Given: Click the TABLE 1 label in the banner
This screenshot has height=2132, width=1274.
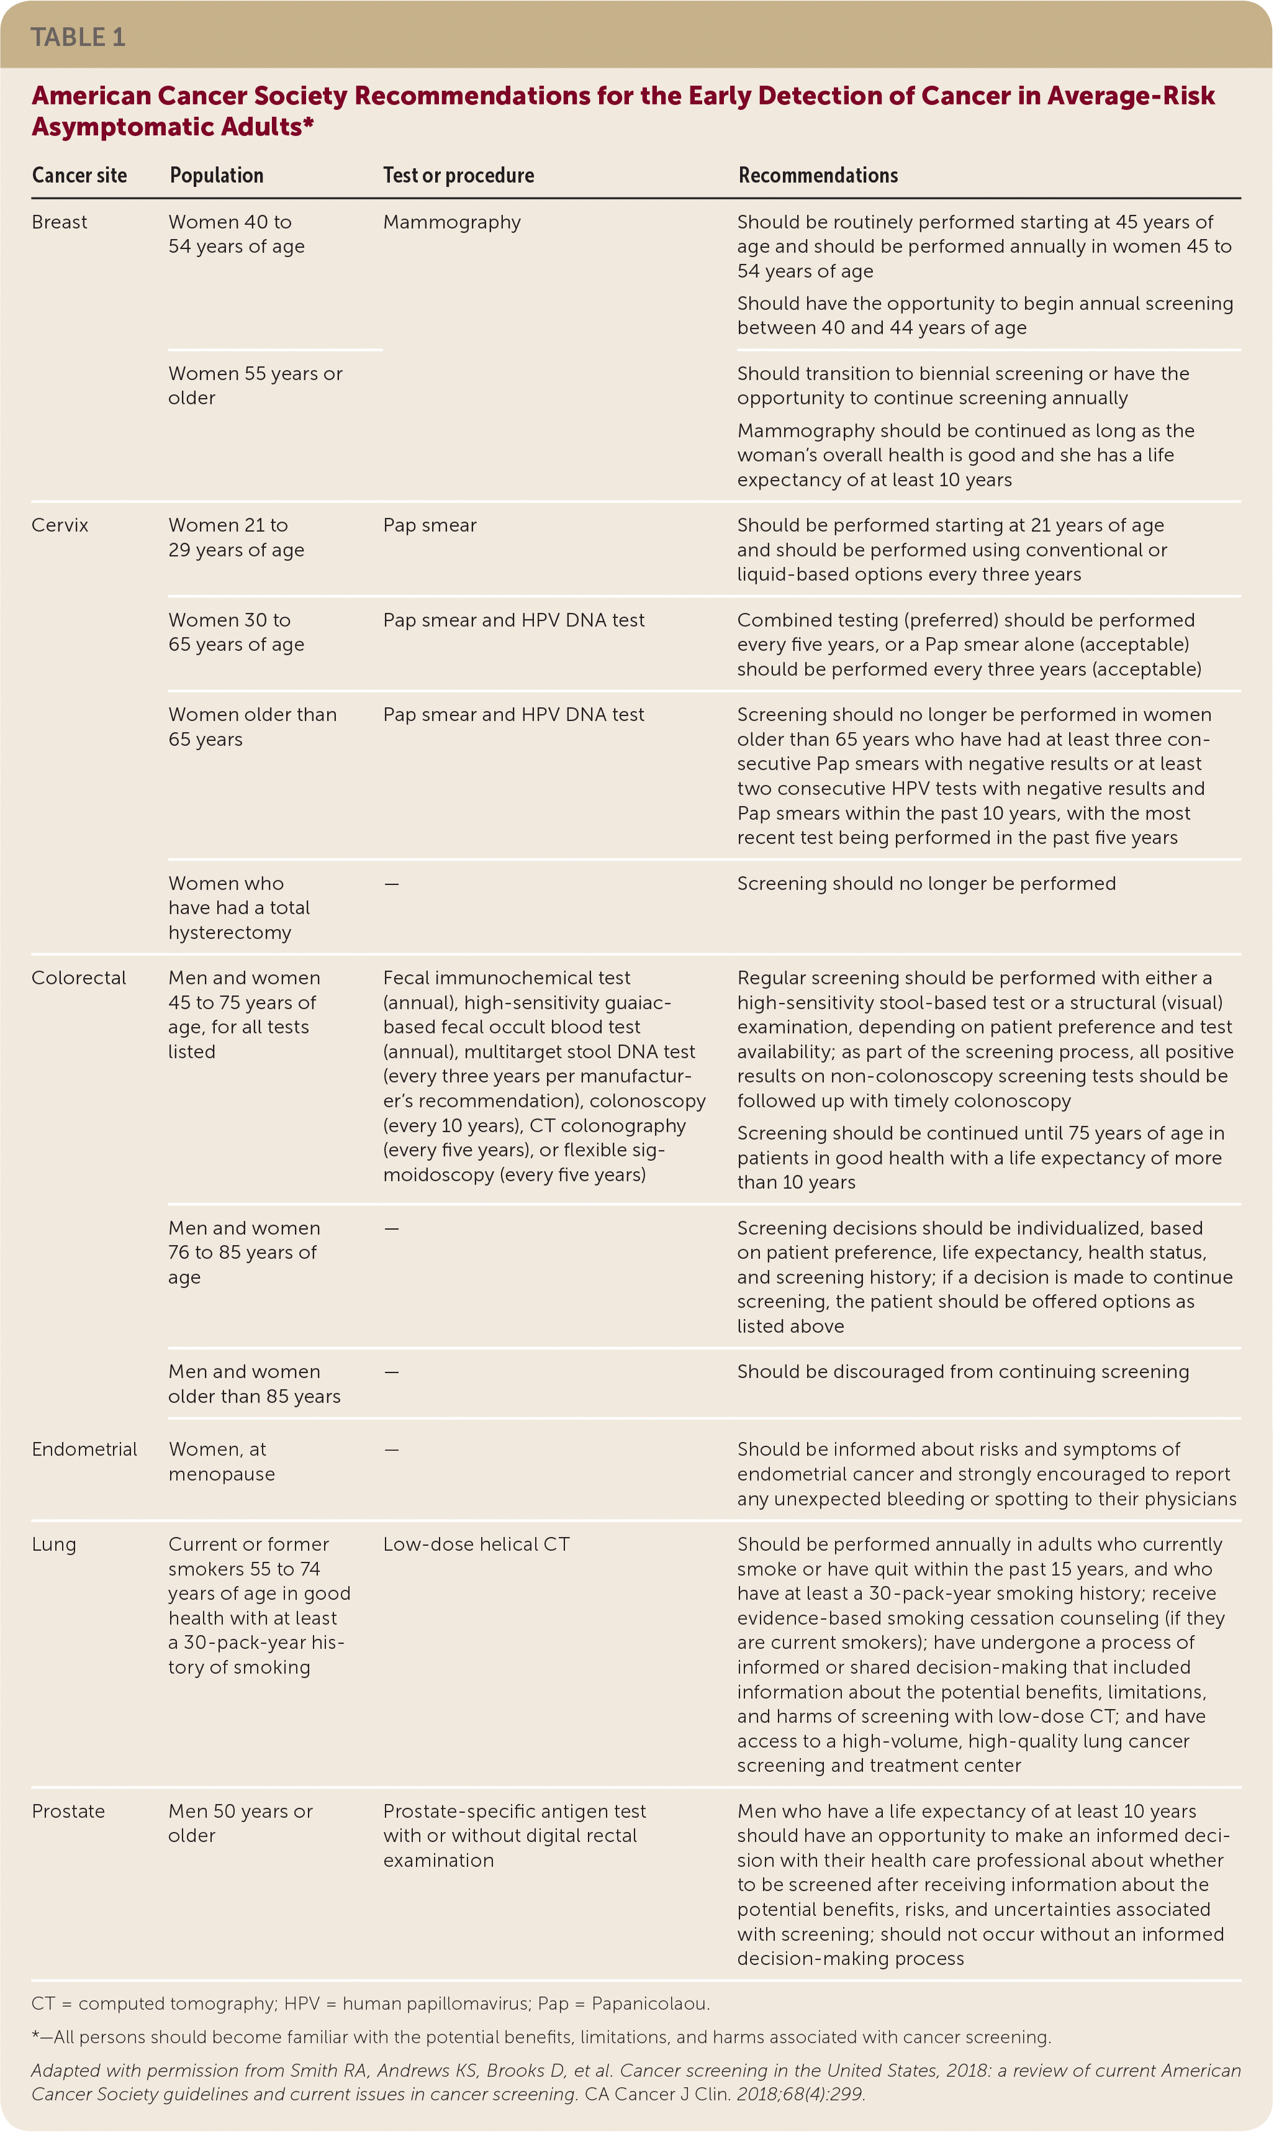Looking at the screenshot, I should point(78,37).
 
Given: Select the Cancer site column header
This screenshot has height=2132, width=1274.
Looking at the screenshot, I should point(79,175).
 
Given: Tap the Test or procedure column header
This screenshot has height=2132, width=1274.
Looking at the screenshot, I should point(458,175).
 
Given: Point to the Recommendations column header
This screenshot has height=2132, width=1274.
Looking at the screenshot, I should point(818,175).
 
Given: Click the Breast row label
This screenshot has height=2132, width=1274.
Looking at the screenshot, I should point(59,222).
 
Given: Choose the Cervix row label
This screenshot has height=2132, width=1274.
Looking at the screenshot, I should point(60,525).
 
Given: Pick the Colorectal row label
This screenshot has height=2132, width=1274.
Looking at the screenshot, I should point(78,978).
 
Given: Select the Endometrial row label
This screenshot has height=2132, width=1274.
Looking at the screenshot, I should point(84,1449).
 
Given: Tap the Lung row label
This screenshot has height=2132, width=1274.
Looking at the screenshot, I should point(54,1544).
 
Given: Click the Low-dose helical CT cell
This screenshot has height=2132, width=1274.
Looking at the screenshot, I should point(476,1544).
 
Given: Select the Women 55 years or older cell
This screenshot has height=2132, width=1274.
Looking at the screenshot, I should point(255,386).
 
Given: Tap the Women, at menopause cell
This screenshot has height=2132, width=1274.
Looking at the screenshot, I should point(222,1461).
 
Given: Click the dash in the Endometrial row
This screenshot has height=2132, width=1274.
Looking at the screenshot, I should point(392,1449).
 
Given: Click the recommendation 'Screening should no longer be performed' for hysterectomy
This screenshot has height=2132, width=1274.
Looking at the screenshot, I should point(926,884).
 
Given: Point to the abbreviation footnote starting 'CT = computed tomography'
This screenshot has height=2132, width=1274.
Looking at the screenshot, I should point(370,2004).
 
